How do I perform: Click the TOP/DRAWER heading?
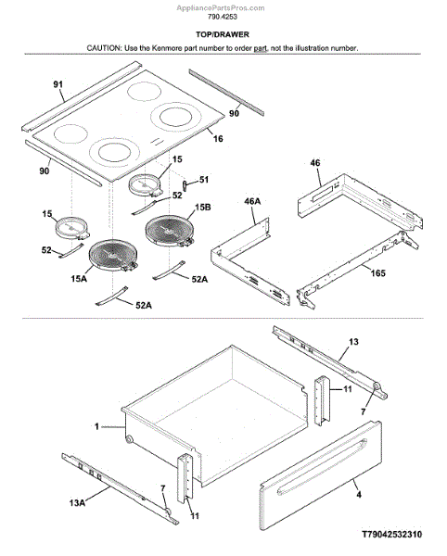click(x=223, y=34)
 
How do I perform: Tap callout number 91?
click(x=58, y=84)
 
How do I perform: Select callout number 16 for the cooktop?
click(x=218, y=138)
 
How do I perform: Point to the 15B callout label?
click(x=202, y=207)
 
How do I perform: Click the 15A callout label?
click(x=79, y=279)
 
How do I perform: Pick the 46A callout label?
click(x=252, y=201)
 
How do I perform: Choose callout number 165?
click(x=377, y=273)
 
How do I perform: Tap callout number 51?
click(x=204, y=180)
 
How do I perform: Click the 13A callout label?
click(x=77, y=502)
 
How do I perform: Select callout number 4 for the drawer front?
click(x=359, y=494)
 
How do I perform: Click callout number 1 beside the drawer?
click(x=96, y=426)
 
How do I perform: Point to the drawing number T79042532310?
click(x=391, y=535)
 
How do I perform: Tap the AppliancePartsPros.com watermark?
click(x=221, y=7)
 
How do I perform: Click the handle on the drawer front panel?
click(x=322, y=465)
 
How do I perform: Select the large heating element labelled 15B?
click(x=170, y=230)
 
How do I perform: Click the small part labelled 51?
click(x=185, y=185)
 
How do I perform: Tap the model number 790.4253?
click(x=223, y=17)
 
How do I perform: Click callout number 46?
click(x=315, y=163)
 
